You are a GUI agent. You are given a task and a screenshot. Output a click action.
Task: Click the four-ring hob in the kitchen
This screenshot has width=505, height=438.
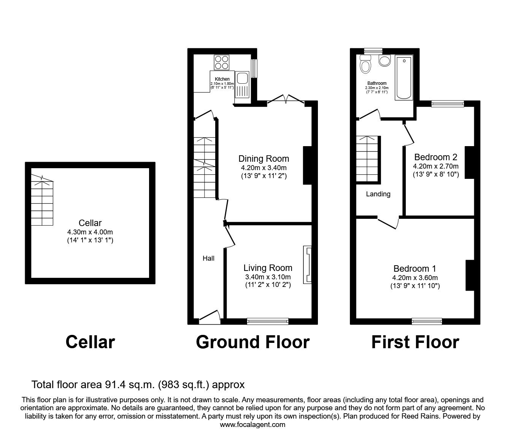222,62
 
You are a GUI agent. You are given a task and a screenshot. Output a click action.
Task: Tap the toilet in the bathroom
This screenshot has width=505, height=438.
365,64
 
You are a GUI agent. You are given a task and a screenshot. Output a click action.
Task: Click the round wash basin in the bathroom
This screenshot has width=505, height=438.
384,61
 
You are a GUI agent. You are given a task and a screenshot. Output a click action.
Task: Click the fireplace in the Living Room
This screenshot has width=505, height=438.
307,265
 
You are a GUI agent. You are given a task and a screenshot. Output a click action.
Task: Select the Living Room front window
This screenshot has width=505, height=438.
267,321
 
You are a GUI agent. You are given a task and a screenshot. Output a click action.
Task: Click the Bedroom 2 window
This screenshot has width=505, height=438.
448,103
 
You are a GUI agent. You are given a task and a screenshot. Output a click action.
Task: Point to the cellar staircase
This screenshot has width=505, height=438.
41,202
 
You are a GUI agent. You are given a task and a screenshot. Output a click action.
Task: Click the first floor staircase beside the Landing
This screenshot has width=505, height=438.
368,159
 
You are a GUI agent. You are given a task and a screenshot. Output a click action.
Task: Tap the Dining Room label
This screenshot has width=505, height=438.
264,159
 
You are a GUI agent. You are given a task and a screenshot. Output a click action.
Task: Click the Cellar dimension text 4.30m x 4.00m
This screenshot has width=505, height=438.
90,232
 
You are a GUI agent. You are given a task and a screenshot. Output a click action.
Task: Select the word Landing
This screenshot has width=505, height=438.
378,194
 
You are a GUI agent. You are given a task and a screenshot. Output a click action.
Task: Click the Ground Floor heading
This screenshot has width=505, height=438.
252,342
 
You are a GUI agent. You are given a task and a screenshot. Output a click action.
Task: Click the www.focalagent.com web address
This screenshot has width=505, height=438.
252,424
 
